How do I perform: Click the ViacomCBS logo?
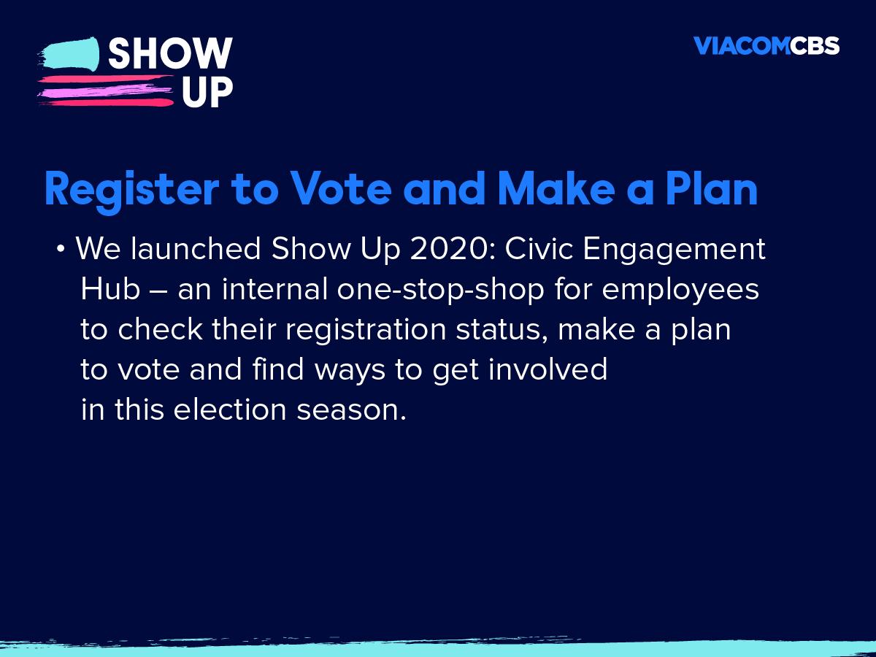766,45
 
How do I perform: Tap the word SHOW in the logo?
170,53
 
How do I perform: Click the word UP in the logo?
207,92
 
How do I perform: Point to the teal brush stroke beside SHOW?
69,55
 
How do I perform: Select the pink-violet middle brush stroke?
106,92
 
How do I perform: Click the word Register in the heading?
132,190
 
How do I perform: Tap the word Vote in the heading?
340,188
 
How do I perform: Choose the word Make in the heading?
557,188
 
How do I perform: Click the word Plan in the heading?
712,188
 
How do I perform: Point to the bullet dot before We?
61,249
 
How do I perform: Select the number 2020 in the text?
453,248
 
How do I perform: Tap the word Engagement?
675,251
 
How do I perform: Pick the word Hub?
110,288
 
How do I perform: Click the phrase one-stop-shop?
441,291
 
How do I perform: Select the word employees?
680,291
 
